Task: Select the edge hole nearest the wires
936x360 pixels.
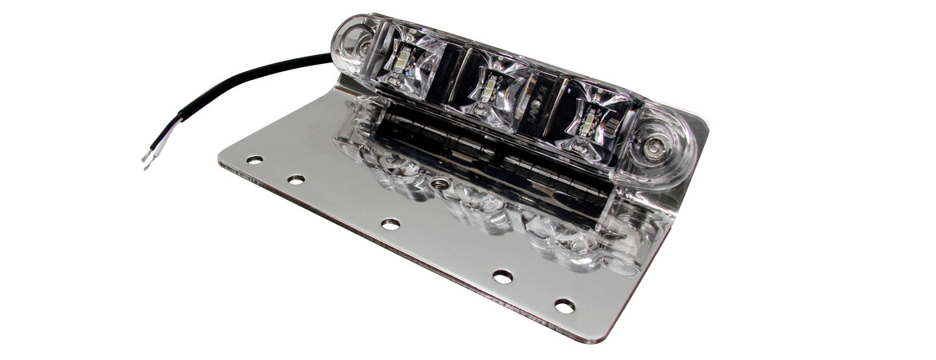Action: [254, 160]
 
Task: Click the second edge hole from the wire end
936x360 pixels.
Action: [296, 180]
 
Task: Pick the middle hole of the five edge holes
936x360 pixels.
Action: [390, 224]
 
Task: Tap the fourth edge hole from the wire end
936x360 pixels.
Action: [502, 277]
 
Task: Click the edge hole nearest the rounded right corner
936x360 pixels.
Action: [565, 306]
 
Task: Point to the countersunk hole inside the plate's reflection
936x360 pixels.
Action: [437, 184]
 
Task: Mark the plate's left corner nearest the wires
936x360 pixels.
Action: [221, 159]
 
